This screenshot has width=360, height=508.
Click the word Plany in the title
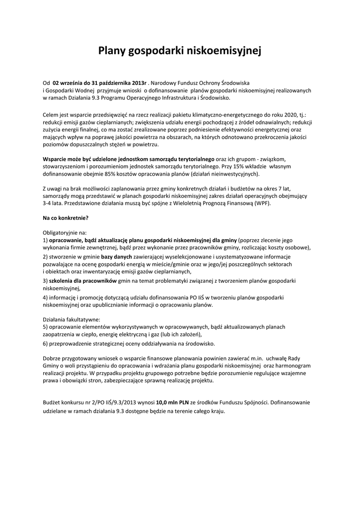click(112, 51)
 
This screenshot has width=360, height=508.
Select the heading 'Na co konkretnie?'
click(66, 218)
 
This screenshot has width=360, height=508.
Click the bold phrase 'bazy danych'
click(117, 257)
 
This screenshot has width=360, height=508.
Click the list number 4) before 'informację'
click(45, 297)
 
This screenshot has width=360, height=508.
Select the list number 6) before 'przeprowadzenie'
click(45, 343)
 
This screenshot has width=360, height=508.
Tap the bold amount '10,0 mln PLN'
click(172, 403)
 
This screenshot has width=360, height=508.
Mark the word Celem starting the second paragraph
click(52, 115)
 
